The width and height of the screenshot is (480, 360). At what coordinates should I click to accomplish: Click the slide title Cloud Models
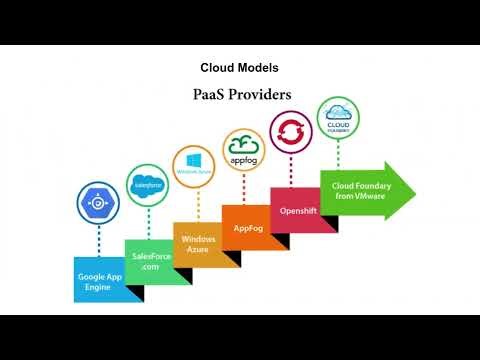(x=239, y=68)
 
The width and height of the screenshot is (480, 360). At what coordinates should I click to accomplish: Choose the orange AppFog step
(x=246, y=227)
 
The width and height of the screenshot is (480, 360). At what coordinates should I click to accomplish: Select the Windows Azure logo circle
(x=195, y=166)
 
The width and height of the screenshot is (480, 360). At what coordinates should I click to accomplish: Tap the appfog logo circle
(x=244, y=148)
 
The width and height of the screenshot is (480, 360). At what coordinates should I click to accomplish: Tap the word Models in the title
(x=259, y=68)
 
